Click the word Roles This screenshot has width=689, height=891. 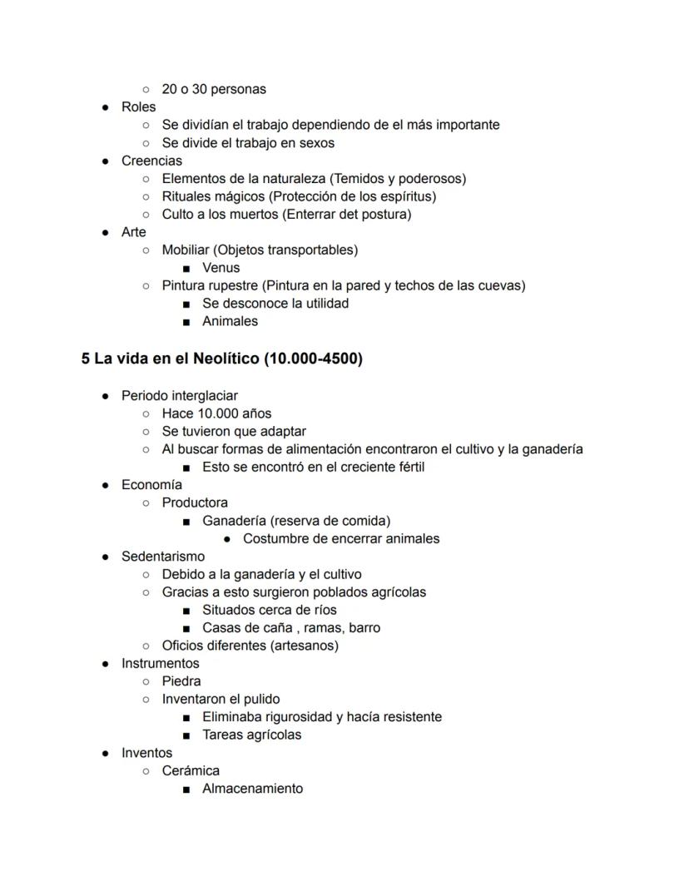click(x=138, y=106)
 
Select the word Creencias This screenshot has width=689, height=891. click(x=151, y=161)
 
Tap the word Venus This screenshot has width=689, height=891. click(x=221, y=268)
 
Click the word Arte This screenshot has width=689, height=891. click(x=133, y=232)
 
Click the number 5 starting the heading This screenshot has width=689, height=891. click(x=86, y=359)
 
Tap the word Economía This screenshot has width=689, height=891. click(x=151, y=485)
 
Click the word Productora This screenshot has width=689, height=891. click(x=195, y=502)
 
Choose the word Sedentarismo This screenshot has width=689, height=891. click(x=163, y=557)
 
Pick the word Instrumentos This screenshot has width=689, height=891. click(x=161, y=664)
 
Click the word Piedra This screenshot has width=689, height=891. click(x=181, y=681)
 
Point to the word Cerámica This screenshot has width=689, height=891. click(x=191, y=770)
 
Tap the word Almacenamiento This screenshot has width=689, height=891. click(x=252, y=789)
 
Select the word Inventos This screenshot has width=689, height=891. click(x=146, y=753)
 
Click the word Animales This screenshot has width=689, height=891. click(x=230, y=321)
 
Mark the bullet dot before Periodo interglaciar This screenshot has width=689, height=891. click(x=106, y=396)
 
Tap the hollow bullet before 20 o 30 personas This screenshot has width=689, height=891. click(x=146, y=89)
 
